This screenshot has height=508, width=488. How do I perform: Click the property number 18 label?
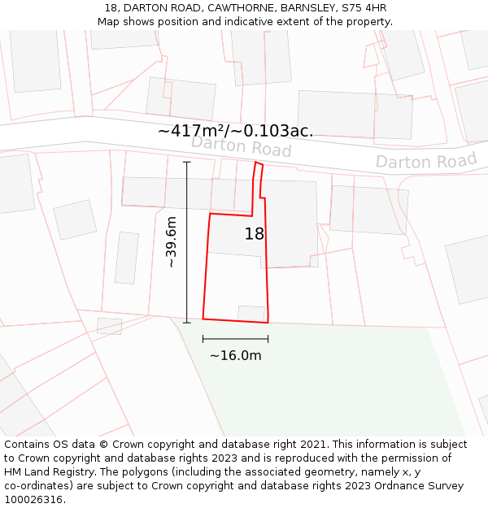[255, 234]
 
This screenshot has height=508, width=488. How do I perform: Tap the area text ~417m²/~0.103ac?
[235, 131]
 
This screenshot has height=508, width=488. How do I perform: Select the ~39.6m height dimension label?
[172, 242]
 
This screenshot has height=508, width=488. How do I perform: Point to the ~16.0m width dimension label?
[235, 355]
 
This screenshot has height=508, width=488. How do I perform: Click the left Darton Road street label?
[241, 147]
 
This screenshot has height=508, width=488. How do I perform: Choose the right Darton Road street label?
[425, 161]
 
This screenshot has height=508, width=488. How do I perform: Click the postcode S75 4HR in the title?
[364, 8]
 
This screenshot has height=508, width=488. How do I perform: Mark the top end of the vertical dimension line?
[187, 162]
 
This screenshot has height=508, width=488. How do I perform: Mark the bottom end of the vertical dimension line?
[187, 323]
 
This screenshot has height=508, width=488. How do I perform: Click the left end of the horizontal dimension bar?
[203, 339]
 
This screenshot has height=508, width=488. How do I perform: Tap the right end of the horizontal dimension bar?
[268, 339]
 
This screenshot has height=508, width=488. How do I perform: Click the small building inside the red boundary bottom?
[251, 313]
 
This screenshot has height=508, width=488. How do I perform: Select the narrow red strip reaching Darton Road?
[257, 183]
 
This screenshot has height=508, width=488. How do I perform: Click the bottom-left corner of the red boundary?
[203, 319]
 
